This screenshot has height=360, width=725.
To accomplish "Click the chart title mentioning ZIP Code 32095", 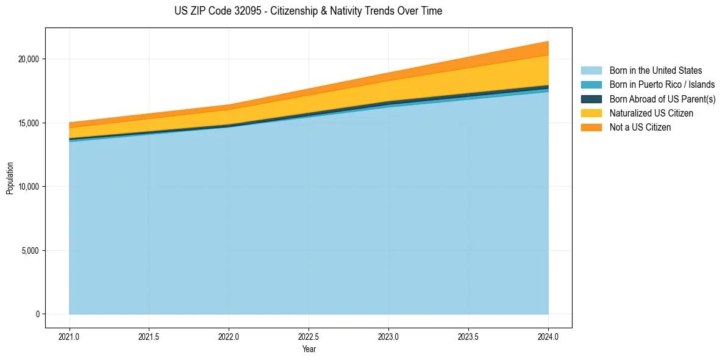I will tap(308, 11).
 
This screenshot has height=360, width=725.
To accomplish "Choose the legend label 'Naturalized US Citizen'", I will tap(651, 113).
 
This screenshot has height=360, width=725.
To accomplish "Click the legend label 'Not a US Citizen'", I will tap(640, 128).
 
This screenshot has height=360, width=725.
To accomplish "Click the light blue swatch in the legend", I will tap(591, 71).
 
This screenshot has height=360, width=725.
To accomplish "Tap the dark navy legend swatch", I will tap(591, 99).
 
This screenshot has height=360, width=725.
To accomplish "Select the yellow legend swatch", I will tap(591, 113).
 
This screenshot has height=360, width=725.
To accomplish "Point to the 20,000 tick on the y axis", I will tap(29, 59).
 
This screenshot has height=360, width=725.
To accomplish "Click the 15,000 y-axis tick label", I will tap(29, 123).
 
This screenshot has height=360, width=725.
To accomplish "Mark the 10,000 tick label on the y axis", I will tap(29, 187).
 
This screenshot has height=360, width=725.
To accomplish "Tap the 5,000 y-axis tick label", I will tap(31, 251).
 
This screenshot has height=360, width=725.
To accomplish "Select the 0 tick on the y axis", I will tap(38, 314).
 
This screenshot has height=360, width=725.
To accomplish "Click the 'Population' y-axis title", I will tap(10, 178).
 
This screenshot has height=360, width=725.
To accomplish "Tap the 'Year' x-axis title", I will tap(309, 350).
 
